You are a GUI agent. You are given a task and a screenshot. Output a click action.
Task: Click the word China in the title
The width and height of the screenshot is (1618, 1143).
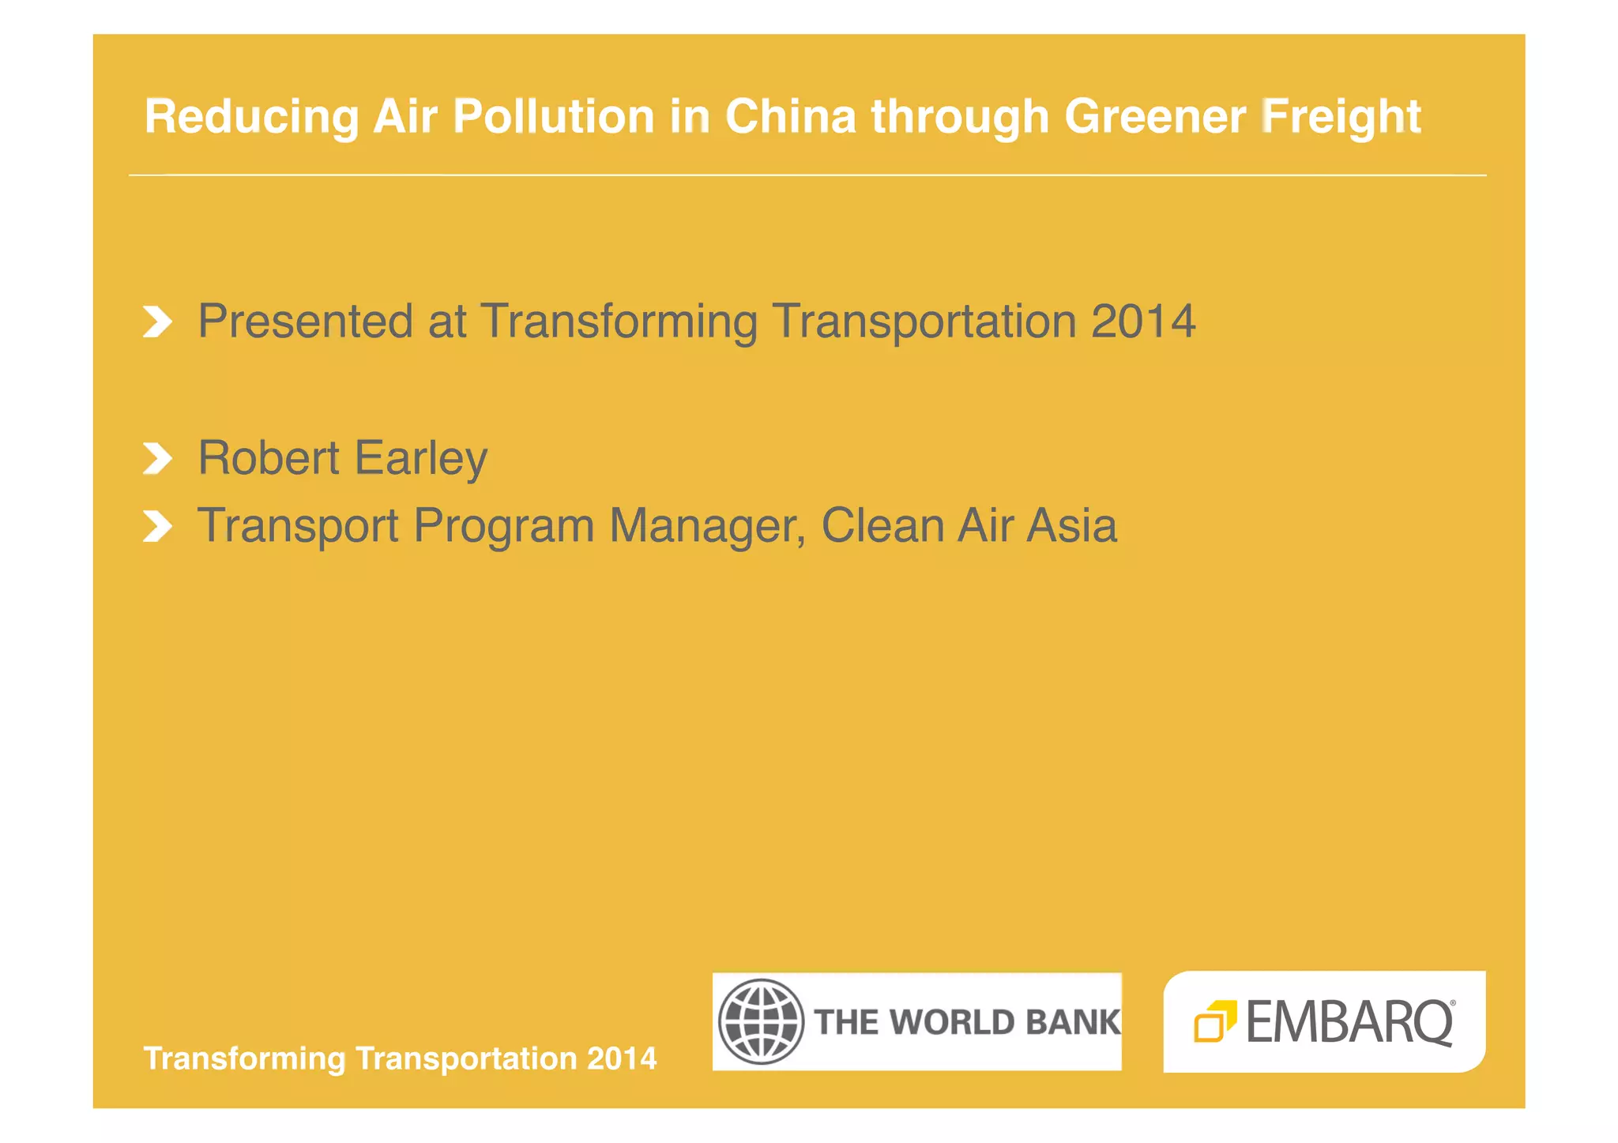pos(790,116)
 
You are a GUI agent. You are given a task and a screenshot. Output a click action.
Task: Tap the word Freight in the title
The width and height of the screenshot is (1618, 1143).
pos(1341,118)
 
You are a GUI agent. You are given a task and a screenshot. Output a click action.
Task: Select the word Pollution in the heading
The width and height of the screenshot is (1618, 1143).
pos(553,116)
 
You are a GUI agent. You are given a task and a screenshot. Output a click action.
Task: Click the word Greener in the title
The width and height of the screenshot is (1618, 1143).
pos(1154,116)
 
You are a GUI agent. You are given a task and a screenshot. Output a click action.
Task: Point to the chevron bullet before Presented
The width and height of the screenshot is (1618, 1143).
pos(157,321)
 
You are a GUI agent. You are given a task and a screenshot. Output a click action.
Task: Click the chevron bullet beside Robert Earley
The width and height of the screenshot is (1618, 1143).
pos(157,458)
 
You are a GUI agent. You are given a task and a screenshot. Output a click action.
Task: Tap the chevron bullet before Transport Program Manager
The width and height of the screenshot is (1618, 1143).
pos(157,526)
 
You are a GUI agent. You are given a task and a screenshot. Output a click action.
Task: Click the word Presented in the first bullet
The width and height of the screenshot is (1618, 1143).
pos(305,321)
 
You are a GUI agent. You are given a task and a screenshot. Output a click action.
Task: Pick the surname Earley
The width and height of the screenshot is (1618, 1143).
pos(420,459)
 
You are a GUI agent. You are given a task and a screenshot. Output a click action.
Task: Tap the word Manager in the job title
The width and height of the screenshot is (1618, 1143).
pos(707,526)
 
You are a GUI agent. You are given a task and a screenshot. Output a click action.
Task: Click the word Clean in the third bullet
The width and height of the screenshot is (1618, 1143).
pos(882,525)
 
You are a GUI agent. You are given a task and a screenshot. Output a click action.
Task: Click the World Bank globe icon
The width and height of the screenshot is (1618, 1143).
pos(761,1021)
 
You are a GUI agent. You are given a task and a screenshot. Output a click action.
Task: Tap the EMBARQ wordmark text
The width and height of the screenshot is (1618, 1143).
pos(1349,1022)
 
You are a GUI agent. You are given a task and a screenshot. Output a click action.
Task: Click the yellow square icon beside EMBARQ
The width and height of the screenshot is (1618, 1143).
pos(1214,1021)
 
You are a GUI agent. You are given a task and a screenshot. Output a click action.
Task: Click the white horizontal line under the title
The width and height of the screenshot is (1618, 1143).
pos(807,175)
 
